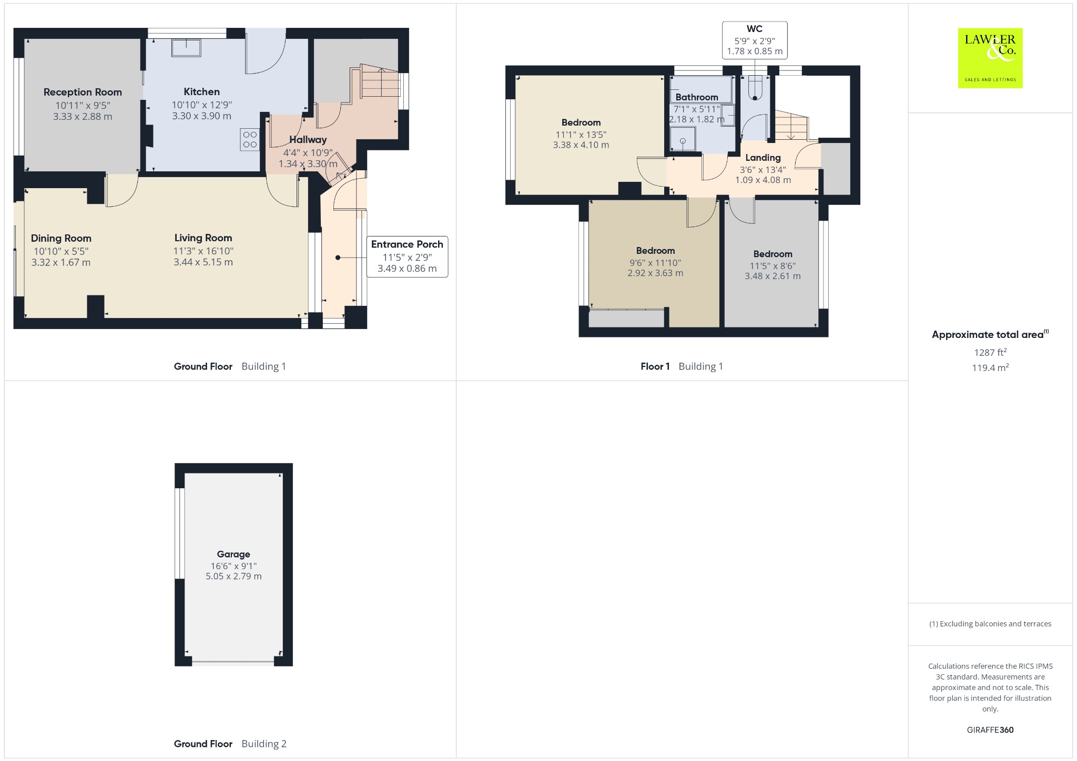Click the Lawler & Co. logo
[x=990, y=58]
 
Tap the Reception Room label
[x=83, y=92]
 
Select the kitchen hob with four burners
[x=250, y=139]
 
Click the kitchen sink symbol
[x=186, y=48]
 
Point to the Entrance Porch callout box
[x=407, y=256]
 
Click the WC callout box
[x=755, y=40]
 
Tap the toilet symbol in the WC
[x=755, y=87]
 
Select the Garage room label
[x=233, y=554]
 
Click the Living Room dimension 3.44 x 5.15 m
[x=203, y=262]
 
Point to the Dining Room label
[x=61, y=238]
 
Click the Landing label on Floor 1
[x=763, y=158]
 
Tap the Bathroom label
[x=697, y=97]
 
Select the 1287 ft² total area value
[x=990, y=352]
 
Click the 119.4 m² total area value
[x=990, y=367]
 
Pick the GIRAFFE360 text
[x=990, y=729]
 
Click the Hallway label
[x=308, y=139]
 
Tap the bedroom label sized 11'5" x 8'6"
[x=773, y=254]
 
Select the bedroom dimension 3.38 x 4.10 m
[x=581, y=145]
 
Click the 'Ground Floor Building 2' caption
[x=230, y=744]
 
